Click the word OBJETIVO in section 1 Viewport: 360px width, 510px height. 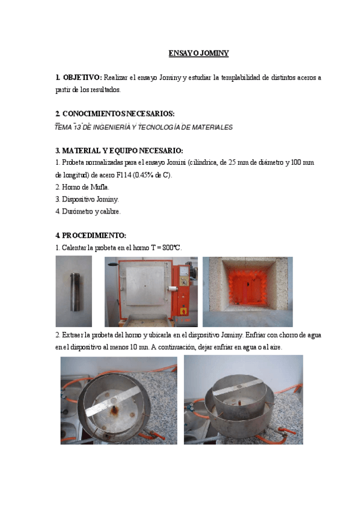point(82,78)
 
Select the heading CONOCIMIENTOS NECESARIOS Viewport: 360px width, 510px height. point(118,114)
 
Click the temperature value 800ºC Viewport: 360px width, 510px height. point(171,248)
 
